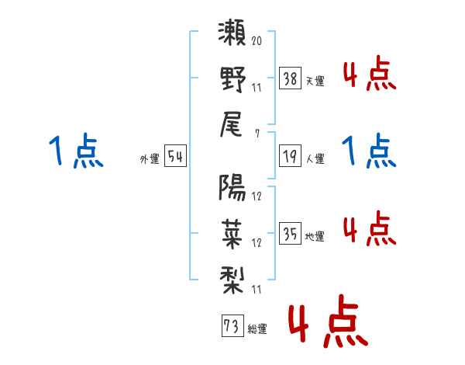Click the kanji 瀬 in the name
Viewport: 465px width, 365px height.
click(x=232, y=33)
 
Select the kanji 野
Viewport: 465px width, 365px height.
click(x=232, y=79)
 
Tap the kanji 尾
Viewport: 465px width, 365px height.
click(x=231, y=124)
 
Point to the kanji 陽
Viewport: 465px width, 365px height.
click(x=232, y=188)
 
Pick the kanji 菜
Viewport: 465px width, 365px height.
click(x=232, y=235)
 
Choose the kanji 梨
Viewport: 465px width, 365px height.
click(x=232, y=280)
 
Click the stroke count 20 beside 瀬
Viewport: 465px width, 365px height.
click(x=257, y=40)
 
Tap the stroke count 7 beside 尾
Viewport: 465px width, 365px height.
click(x=257, y=134)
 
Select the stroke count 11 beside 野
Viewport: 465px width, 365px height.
click(x=257, y=88)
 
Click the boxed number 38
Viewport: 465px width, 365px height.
click(x=290, y=78)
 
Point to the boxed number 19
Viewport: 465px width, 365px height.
click(x=290, y=156)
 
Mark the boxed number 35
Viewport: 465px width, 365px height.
click(x=290, y=233)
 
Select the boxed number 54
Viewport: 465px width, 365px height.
click(x=175, y=156)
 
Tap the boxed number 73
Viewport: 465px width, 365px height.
click(x=232, y=325)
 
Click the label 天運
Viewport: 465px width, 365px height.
click(x=315, y=81)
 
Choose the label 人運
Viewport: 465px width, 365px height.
click(x=315, y=158)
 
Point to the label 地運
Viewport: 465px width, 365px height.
click(x=315, y=237)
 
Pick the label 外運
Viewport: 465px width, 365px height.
click(x=150, y=158)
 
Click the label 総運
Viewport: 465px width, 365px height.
click(x=257, y=329)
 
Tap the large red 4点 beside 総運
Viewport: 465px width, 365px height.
click(x=329, y=321)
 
